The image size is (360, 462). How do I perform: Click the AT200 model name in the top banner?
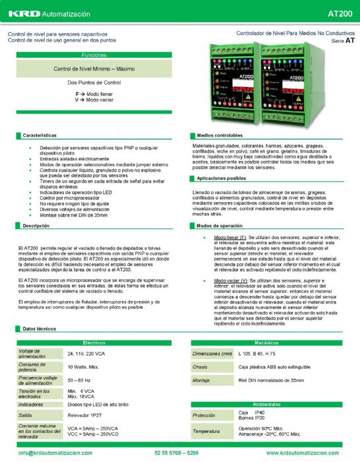pos(340,13)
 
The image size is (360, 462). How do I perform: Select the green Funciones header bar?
pos(90,55)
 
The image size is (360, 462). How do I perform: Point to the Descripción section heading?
pos(37,226)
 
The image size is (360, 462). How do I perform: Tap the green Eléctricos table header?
pos(94,343)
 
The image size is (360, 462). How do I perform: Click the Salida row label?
pos(27,415)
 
